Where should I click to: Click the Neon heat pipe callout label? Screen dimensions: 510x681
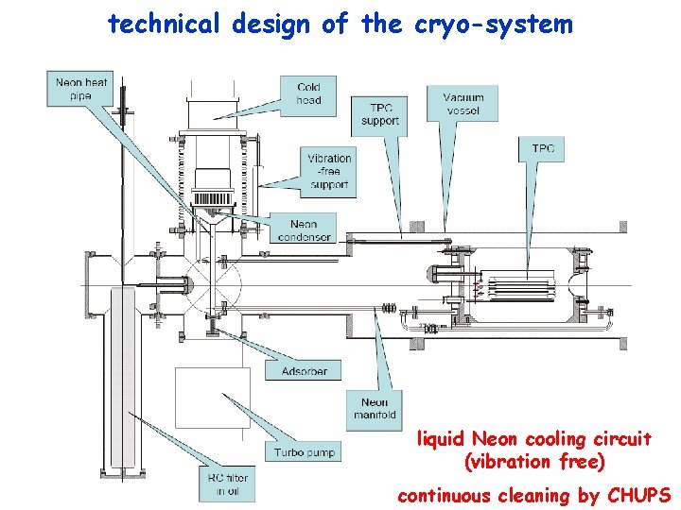point(81,90)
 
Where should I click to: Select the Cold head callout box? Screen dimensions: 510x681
point(308,93)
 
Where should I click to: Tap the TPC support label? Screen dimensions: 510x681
point(379,113)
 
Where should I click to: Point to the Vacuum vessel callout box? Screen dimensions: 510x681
point(463,104)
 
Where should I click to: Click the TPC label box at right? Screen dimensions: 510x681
point(543,148)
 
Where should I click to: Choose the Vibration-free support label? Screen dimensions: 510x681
point(329,171)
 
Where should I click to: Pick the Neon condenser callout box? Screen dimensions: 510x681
point(305,230)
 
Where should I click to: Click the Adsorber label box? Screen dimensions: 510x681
point(305,371)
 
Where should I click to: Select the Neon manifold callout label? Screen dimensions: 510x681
point(374,408)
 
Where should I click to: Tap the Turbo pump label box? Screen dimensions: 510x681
point(306,453)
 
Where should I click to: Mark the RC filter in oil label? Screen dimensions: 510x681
point(229,484)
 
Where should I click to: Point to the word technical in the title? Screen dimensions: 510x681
point(165,25)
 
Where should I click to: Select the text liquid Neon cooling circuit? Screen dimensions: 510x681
point(534,439)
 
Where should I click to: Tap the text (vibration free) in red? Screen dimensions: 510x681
point(534,462)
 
